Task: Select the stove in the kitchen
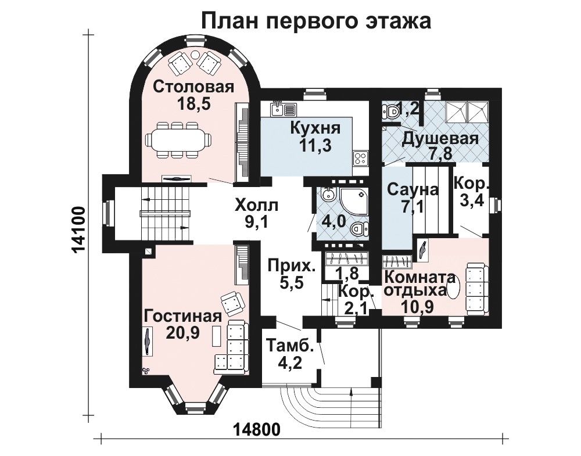point(359,159)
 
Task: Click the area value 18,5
point(193,104)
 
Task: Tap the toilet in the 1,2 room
point(390,110)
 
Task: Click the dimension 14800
point(257,430)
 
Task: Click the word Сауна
point(413,190)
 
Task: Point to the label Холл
point(256,204)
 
